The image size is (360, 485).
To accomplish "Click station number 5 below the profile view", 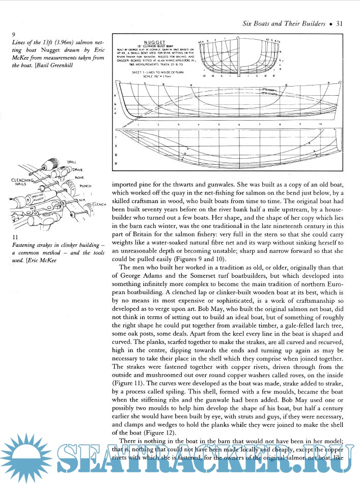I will coord(218,124).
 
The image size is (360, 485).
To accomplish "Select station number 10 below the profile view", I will coord(320,124).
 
